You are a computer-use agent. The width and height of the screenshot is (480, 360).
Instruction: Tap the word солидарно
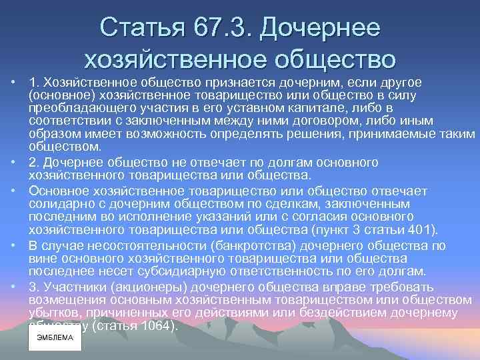[55, 203]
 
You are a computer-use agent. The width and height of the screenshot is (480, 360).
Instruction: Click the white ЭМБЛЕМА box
[54, 337]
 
